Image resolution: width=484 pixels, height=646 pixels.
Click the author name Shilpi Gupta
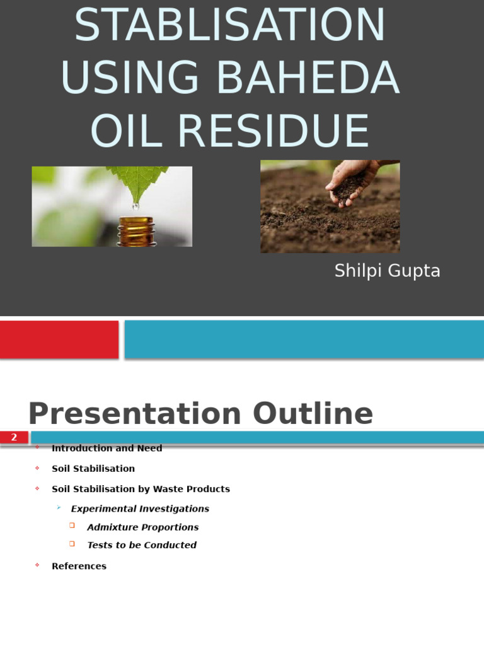click(x=387, y=271)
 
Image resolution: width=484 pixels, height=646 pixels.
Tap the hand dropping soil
click(x=350, y=180)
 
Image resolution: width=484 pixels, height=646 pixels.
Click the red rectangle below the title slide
click(x=59, y=339)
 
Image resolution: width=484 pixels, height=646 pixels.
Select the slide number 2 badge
click(x=14, y=437)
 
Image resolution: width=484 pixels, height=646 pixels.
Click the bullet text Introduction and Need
click(x=107, y=448)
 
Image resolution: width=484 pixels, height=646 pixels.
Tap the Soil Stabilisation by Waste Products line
click(x=141, y=489)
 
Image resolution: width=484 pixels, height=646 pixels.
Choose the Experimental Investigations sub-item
click(x=140, y=508)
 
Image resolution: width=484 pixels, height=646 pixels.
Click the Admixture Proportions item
click(x=142, y=527)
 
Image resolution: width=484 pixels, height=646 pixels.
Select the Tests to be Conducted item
click(x=142, y=545)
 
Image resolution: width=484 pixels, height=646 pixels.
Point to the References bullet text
click(x=79, y=566)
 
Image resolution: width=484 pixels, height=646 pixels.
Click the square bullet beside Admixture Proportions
click(x=72, y=526)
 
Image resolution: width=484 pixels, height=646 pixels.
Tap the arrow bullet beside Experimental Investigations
click(x=59, y=507)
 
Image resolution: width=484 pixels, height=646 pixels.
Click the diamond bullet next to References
click(x=37, y=565)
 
